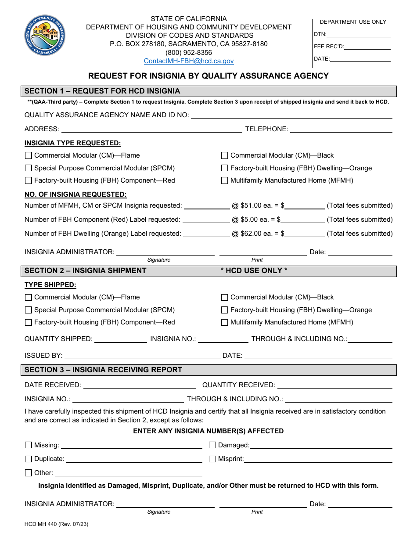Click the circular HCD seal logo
(45, 36)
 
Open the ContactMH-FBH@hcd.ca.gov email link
(189, 61)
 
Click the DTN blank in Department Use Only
(358, 34)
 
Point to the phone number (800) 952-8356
(189, 53)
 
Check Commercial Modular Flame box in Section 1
(29, 155)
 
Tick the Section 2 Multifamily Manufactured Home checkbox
(225, 322)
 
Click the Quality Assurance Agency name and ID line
(291, 115)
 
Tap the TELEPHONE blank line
(341, 129)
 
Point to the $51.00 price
(253, 205)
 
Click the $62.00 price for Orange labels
(253, 234)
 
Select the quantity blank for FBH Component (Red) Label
(206, 220)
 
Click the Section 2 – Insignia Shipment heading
(86, 271)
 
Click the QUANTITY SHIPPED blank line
(121, 339)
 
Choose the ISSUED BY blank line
(142, 356)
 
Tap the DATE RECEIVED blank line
(140, 385)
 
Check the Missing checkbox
(29, 445)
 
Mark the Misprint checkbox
(212, 459)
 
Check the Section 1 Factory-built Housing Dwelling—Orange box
(225, 168)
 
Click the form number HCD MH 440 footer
(56, 524)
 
